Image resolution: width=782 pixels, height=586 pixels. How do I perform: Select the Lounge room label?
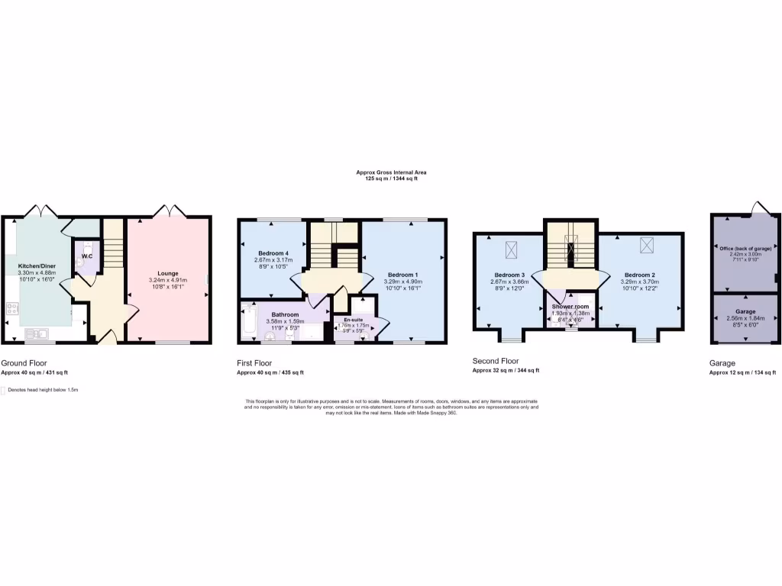tap(168, 273)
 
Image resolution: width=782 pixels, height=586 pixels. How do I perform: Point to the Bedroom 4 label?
tap(273, 253)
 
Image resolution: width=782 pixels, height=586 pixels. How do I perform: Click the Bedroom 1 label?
tap(402, 275)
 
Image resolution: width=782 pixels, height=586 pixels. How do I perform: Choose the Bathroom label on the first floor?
tap(284, 314)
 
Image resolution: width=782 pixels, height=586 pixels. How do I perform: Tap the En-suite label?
tap(353, 320)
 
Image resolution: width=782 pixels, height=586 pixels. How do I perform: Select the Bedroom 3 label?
tap(509, 275)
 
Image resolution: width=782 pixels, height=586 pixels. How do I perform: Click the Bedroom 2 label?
tap(639, 275)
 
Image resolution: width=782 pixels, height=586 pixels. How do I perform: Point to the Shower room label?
tap(572, 307)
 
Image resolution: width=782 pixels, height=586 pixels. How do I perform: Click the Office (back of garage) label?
tap(745, 249)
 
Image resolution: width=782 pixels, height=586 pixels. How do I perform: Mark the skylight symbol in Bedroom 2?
tap(648, 244)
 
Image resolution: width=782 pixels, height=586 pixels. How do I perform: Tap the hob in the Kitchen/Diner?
tap(13, 308)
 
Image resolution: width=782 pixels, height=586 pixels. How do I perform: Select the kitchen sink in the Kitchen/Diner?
tap(36, 333)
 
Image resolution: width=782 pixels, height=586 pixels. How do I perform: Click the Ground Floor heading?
tap(24, 363)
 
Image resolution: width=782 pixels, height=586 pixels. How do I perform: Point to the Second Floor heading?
tap(496, 361)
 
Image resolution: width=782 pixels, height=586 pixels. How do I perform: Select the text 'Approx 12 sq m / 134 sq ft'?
tap(743, 373)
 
